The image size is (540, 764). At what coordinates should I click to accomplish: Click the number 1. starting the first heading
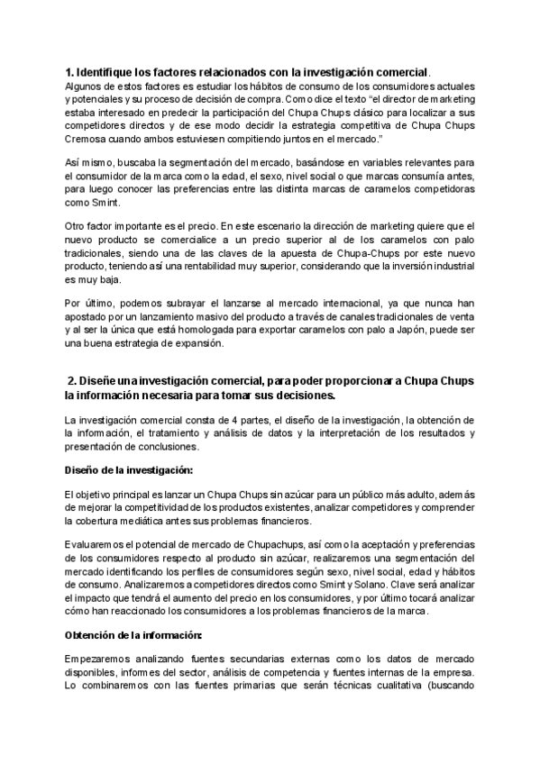click(69, 72)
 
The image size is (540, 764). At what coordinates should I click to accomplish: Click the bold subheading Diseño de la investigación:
click(127, 471)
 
